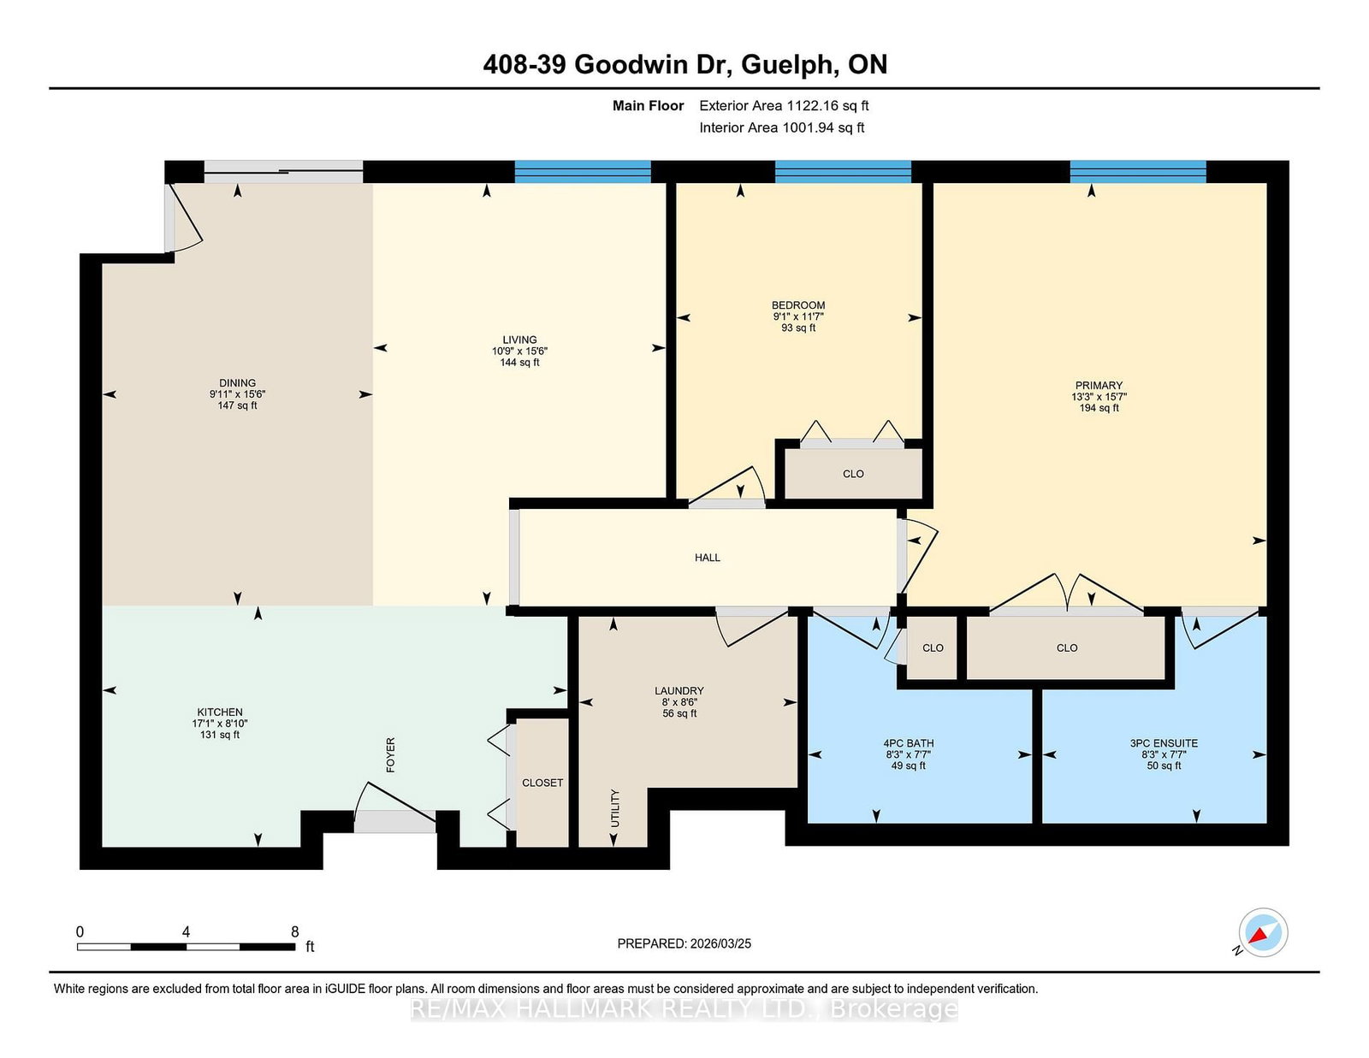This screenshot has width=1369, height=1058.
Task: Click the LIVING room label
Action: click(519, 340)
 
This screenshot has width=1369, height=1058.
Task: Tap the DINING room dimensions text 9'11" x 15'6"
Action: click(238, 394)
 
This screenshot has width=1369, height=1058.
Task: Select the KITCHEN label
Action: click(220, 712)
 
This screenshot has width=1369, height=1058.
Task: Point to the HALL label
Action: click(708, 558)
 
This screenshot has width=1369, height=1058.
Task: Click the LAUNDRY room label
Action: click(679, 690)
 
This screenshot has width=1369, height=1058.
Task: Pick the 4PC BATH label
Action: click(909, 743)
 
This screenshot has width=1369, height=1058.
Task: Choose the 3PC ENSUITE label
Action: click(1164, 743)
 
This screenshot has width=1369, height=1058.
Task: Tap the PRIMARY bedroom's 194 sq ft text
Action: click(1099, 408)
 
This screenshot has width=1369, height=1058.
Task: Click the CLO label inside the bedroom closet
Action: click(853, 474)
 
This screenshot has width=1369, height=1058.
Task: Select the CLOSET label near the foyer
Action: click(542, 783)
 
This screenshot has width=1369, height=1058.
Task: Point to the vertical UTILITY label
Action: click(615, 808)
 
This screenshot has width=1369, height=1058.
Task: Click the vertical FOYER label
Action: click(391, 754)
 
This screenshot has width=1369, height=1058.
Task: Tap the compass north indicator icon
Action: click(1262, 932)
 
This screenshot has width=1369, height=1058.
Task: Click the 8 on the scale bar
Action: click(295, 931)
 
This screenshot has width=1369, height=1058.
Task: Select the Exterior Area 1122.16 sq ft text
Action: click(784, 106)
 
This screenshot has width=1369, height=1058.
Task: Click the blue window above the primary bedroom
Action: click(1138, 171)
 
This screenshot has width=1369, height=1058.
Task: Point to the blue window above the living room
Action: click(583, 171)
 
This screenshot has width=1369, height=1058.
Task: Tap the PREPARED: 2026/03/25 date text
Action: click(684, 943)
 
